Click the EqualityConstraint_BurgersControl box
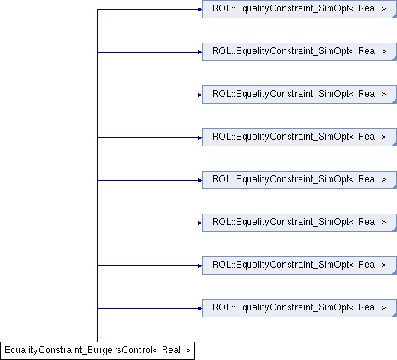[97, 351]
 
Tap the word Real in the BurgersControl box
[171, 350]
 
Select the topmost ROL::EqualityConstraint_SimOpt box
[299, 9]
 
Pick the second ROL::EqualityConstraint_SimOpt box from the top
[299, 52]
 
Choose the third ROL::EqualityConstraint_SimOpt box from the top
[299, 95]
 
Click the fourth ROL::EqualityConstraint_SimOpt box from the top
[299, 137]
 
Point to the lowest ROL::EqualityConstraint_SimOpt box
[299, 308]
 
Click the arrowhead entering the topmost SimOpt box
[200, 10]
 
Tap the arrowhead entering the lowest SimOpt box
[200, 309]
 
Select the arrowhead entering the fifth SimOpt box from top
[200, 181]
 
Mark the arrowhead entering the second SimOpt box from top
[200, 53]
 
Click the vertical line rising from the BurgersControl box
[97, 175]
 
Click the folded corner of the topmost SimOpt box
[395, 16]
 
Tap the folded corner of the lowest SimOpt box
[395, 315]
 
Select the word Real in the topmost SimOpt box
[367, 8]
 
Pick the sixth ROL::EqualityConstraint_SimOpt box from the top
[299, 223]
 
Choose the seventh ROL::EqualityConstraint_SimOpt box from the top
[299, 265]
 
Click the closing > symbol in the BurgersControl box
[188, 351]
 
